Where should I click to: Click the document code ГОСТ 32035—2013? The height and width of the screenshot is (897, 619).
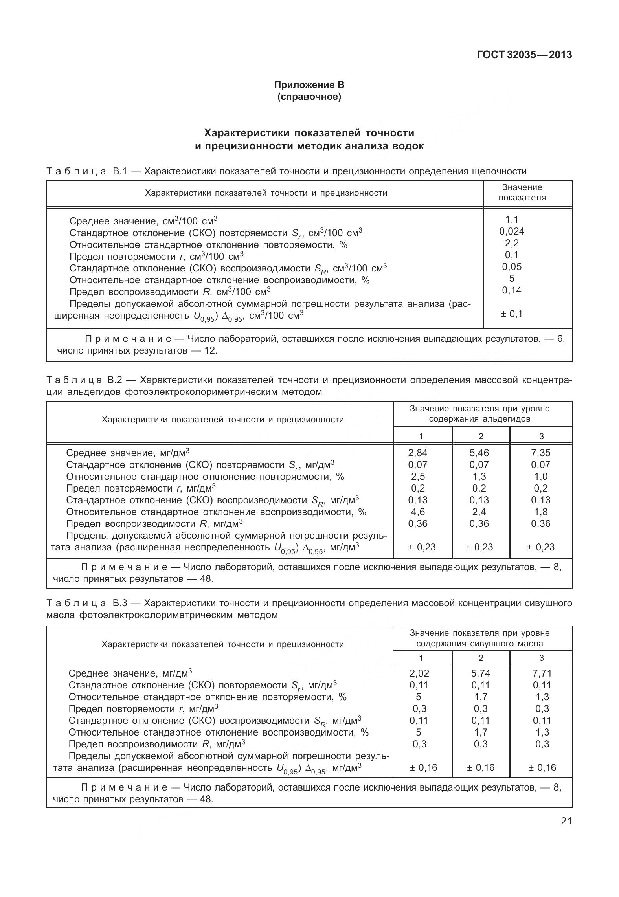[524, 55]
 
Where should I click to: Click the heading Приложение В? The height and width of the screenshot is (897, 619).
[309, 85]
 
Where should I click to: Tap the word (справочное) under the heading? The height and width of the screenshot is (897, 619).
[309, 97]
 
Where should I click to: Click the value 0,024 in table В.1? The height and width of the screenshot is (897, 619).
[512, 231]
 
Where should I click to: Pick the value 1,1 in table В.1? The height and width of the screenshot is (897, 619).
[512, 219]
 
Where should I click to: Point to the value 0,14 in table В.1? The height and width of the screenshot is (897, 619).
[512, 290]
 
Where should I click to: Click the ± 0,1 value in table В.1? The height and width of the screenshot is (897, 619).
[512, 314]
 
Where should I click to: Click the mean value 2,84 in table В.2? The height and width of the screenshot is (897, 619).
[417, 453]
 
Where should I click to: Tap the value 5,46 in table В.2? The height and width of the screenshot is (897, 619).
[479, 453]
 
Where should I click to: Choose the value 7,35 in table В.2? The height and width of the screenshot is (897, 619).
[541, 453]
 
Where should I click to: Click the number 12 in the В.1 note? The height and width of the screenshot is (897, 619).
[210, 350]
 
